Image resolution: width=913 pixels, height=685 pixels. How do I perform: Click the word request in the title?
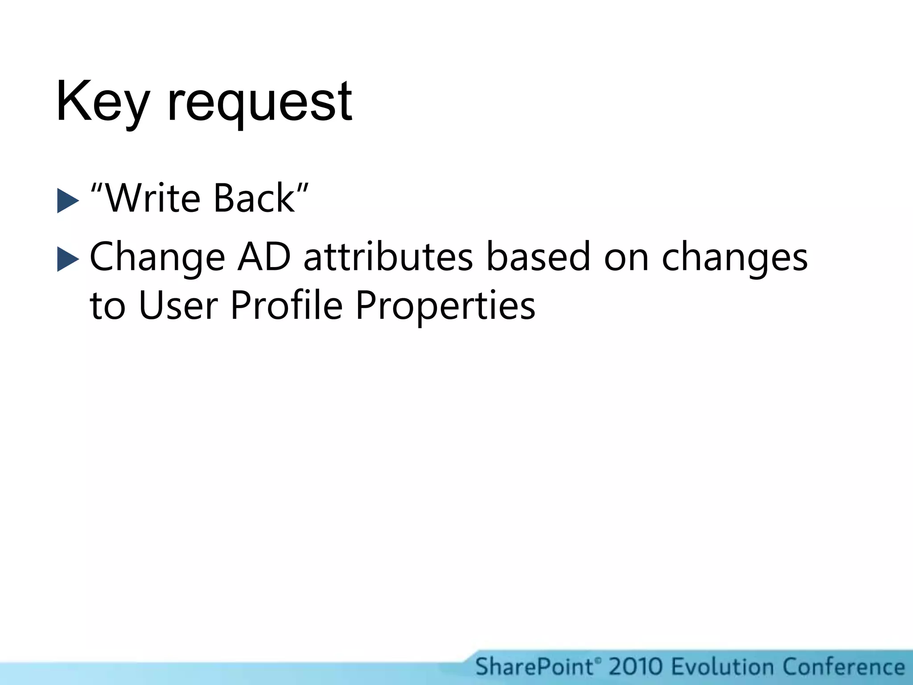[260, 105]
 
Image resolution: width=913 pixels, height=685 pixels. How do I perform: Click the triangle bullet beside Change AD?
[68, 260]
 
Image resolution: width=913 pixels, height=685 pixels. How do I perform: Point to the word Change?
[157, 258]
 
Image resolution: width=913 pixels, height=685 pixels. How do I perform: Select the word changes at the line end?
[734, 258]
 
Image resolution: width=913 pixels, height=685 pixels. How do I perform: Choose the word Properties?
[445, 307]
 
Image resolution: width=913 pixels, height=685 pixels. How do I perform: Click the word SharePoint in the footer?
[535, 667]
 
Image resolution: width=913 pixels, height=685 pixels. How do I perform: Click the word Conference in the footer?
[843, 667]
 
